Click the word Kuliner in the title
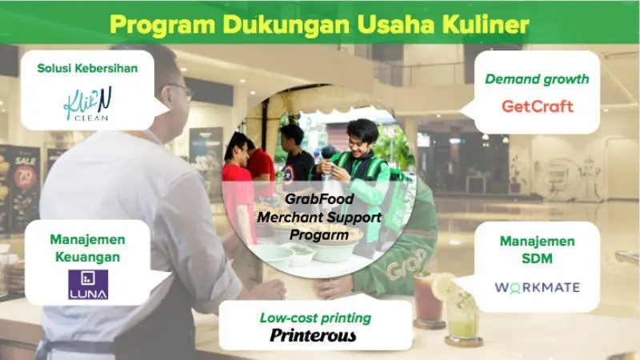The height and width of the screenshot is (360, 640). point(486,25)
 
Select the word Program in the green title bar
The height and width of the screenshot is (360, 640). point(162,26)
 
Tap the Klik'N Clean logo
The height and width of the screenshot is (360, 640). point(88,104)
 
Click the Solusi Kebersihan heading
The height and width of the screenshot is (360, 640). point(87,68)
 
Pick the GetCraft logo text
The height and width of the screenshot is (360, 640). point(538,106)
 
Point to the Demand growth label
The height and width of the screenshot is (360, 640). point(537,78)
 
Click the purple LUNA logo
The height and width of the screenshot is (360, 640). point(88,285)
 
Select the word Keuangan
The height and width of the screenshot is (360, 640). point(88,257)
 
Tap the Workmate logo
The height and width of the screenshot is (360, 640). point(537,287)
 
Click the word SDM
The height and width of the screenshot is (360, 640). point(537,258)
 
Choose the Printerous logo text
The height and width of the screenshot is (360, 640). point(313,335)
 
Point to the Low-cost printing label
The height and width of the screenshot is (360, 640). point(315,318)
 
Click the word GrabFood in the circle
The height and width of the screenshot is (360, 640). point(319,198)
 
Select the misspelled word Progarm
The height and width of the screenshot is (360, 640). point(319,234)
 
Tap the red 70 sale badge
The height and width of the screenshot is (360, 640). point(25,176)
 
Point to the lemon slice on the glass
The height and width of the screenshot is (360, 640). point(444,286)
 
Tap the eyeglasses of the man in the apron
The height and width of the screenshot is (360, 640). point(182,90)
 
